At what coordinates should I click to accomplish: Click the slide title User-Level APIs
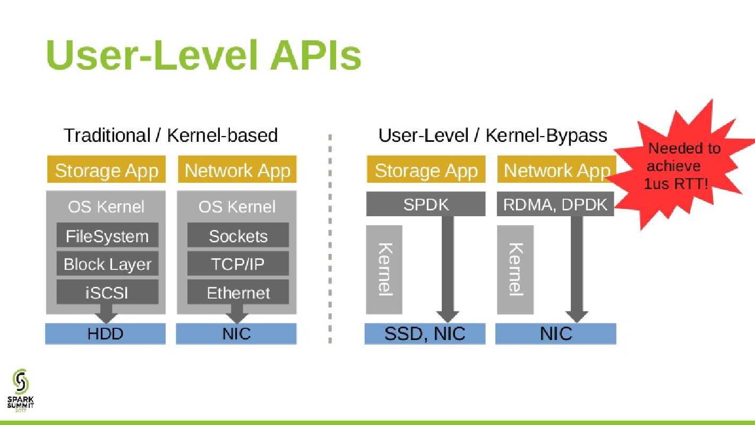coord(203,55)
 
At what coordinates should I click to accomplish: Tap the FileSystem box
coord(107,236)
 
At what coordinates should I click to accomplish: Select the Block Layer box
coord(107,264)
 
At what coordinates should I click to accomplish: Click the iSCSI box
coord(107,293)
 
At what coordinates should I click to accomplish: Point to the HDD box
coord(105,334)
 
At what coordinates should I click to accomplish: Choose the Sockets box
coord(238,236)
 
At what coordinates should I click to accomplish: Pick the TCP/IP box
coord(238,264)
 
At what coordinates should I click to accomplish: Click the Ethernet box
coord(238,293)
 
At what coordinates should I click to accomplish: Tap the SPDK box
coord(426,205)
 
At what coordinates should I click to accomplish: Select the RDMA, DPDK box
coord(555,205)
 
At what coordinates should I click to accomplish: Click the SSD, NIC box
coord(425,334)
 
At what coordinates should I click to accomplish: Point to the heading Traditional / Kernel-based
coord(170,135)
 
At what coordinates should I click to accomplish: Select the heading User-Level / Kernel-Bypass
coord(492,135)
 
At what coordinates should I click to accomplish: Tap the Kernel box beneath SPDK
coord(384,269)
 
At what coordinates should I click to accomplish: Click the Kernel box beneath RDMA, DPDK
coord(515,269)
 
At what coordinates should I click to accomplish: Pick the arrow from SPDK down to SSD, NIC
coord(448,266)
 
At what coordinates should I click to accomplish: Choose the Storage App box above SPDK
coord(426,170)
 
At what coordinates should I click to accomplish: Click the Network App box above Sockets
coord(237,170)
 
